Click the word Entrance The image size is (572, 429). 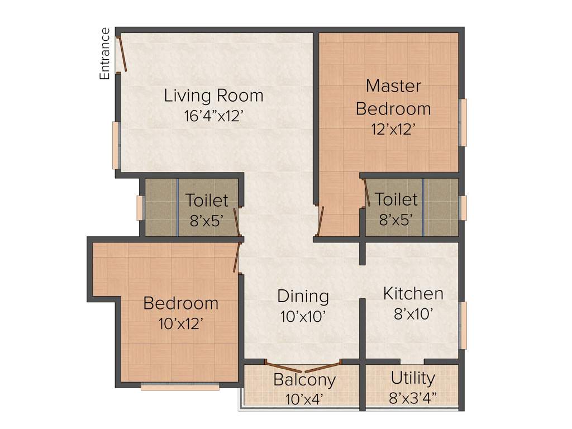(x=104, y=54)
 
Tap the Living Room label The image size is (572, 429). (x=213, y=96)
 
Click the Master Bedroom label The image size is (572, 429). (x=393, y=97)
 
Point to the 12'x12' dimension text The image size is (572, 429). (x=393, y=129)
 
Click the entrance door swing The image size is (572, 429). (x=122, y=54)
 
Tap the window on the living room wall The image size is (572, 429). (x=116, y=145)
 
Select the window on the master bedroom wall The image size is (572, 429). (x=463, y=123)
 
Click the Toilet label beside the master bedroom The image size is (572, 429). (x=396, y=199)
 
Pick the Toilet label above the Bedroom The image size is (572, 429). (x=207, y=200)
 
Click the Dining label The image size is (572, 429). (x=303, y=295)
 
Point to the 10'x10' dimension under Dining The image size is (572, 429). (x=303, y=316)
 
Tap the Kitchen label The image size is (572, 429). (x=413, y=293)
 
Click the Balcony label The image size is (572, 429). (x=304, y=380)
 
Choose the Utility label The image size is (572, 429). (x=413, y=378)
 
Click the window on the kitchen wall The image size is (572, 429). (x=463, y=325)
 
